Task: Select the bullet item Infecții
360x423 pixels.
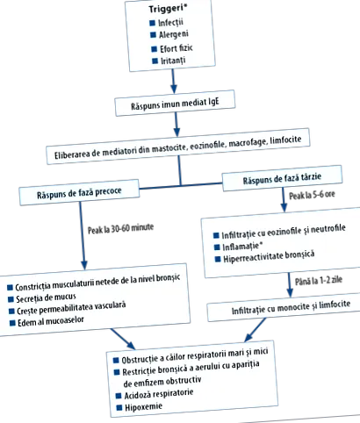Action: click(x=170, y=23)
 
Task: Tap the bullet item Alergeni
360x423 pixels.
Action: click(x=174, y=35)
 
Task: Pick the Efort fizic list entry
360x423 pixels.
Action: click(x=176, y=48)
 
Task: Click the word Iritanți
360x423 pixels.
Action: click(x=173, y=61)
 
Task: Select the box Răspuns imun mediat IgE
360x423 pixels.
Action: click(x=175, y=104)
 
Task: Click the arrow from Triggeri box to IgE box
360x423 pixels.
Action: click(x=174, y=81)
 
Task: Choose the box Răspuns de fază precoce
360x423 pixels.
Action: click(x=79, y=192)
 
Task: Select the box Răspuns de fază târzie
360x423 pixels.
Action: click(x=282, y=178)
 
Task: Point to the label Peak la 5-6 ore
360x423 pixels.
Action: click(x=312, y=195)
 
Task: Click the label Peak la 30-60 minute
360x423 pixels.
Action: click(x=120, y=228)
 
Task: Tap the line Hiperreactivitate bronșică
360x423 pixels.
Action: click(x=269, y=256)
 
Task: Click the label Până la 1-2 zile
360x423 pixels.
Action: click(x=319, y=281)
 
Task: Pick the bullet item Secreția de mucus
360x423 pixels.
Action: click(x=46, y=298)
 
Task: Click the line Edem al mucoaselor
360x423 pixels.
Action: click(x=51, y=321)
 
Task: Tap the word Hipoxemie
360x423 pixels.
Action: click(x=143, y=407)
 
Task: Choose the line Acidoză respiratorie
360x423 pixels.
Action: click(x=159, y=394)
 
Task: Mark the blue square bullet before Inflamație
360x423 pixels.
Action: click(x=217, y=247)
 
